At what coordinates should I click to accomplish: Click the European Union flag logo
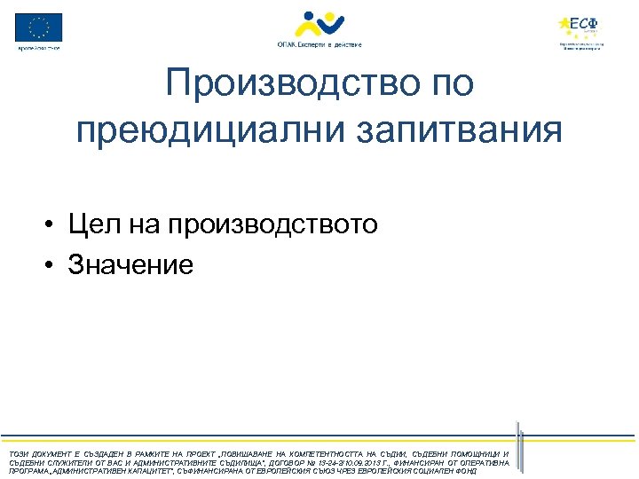pyautogui.click(x=38, y=27)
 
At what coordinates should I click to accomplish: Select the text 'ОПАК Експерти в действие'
pyautogui.click(x=319, y=43)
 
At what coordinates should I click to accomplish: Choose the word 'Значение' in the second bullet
pyautogui.click(x=130, y=264)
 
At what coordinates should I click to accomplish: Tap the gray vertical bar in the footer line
pyautogui.click(x=522, y=453)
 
